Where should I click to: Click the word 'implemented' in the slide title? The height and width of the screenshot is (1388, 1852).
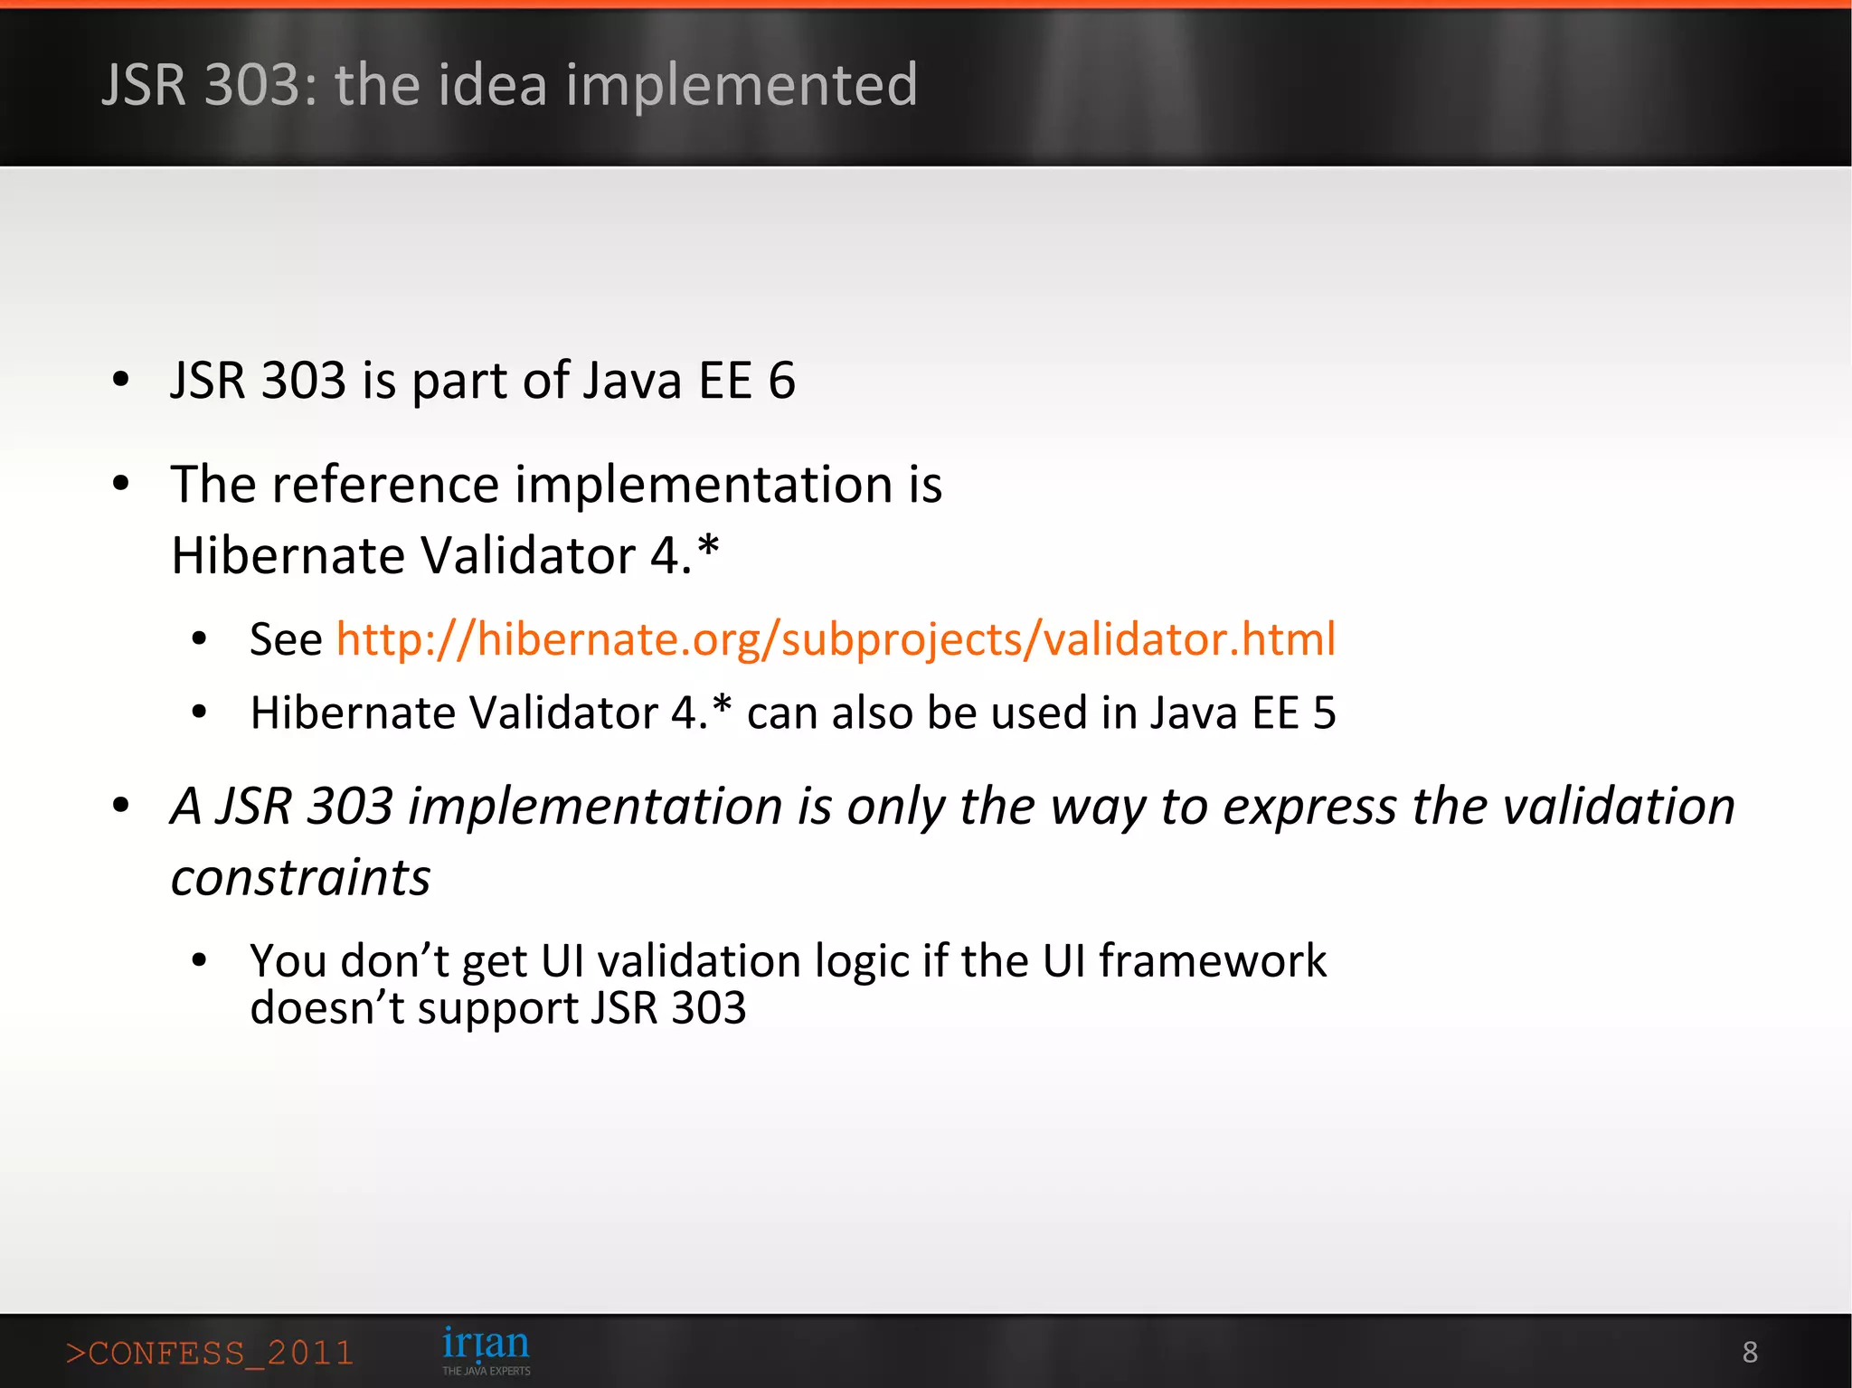pos(742,85)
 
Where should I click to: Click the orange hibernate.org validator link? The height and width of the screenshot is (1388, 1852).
pos(836,639)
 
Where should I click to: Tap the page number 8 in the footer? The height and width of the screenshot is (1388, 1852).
pos(1750,1352)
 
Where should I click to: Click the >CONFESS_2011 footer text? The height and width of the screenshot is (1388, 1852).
pos(209,1354)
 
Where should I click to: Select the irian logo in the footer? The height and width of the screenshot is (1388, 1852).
pos(486,1348)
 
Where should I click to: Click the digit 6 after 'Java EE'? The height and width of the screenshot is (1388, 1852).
pos(781,380)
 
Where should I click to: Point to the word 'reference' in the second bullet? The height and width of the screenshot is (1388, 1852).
pos(385,485)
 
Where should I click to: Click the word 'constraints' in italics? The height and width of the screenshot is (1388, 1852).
pos(300,877)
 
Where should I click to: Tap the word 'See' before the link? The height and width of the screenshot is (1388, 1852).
pos(286,639)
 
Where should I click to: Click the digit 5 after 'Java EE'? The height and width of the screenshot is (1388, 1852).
pos(1324,713)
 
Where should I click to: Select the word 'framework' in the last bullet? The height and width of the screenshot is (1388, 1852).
pos(1212,960)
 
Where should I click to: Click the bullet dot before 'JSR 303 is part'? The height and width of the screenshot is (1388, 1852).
pos(121,380)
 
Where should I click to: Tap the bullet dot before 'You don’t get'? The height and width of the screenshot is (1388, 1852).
pos(200,960)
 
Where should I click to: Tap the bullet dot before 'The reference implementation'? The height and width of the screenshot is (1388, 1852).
pos(121,485)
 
